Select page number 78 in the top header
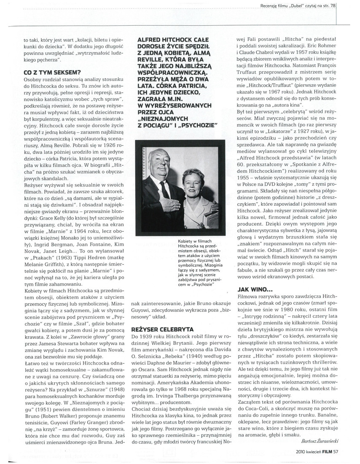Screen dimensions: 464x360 coord(333,6)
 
